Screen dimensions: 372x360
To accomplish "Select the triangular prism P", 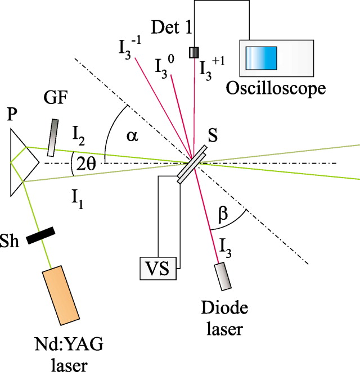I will [x=22, y=162].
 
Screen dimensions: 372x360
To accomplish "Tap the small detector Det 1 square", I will [x=194, y=52].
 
